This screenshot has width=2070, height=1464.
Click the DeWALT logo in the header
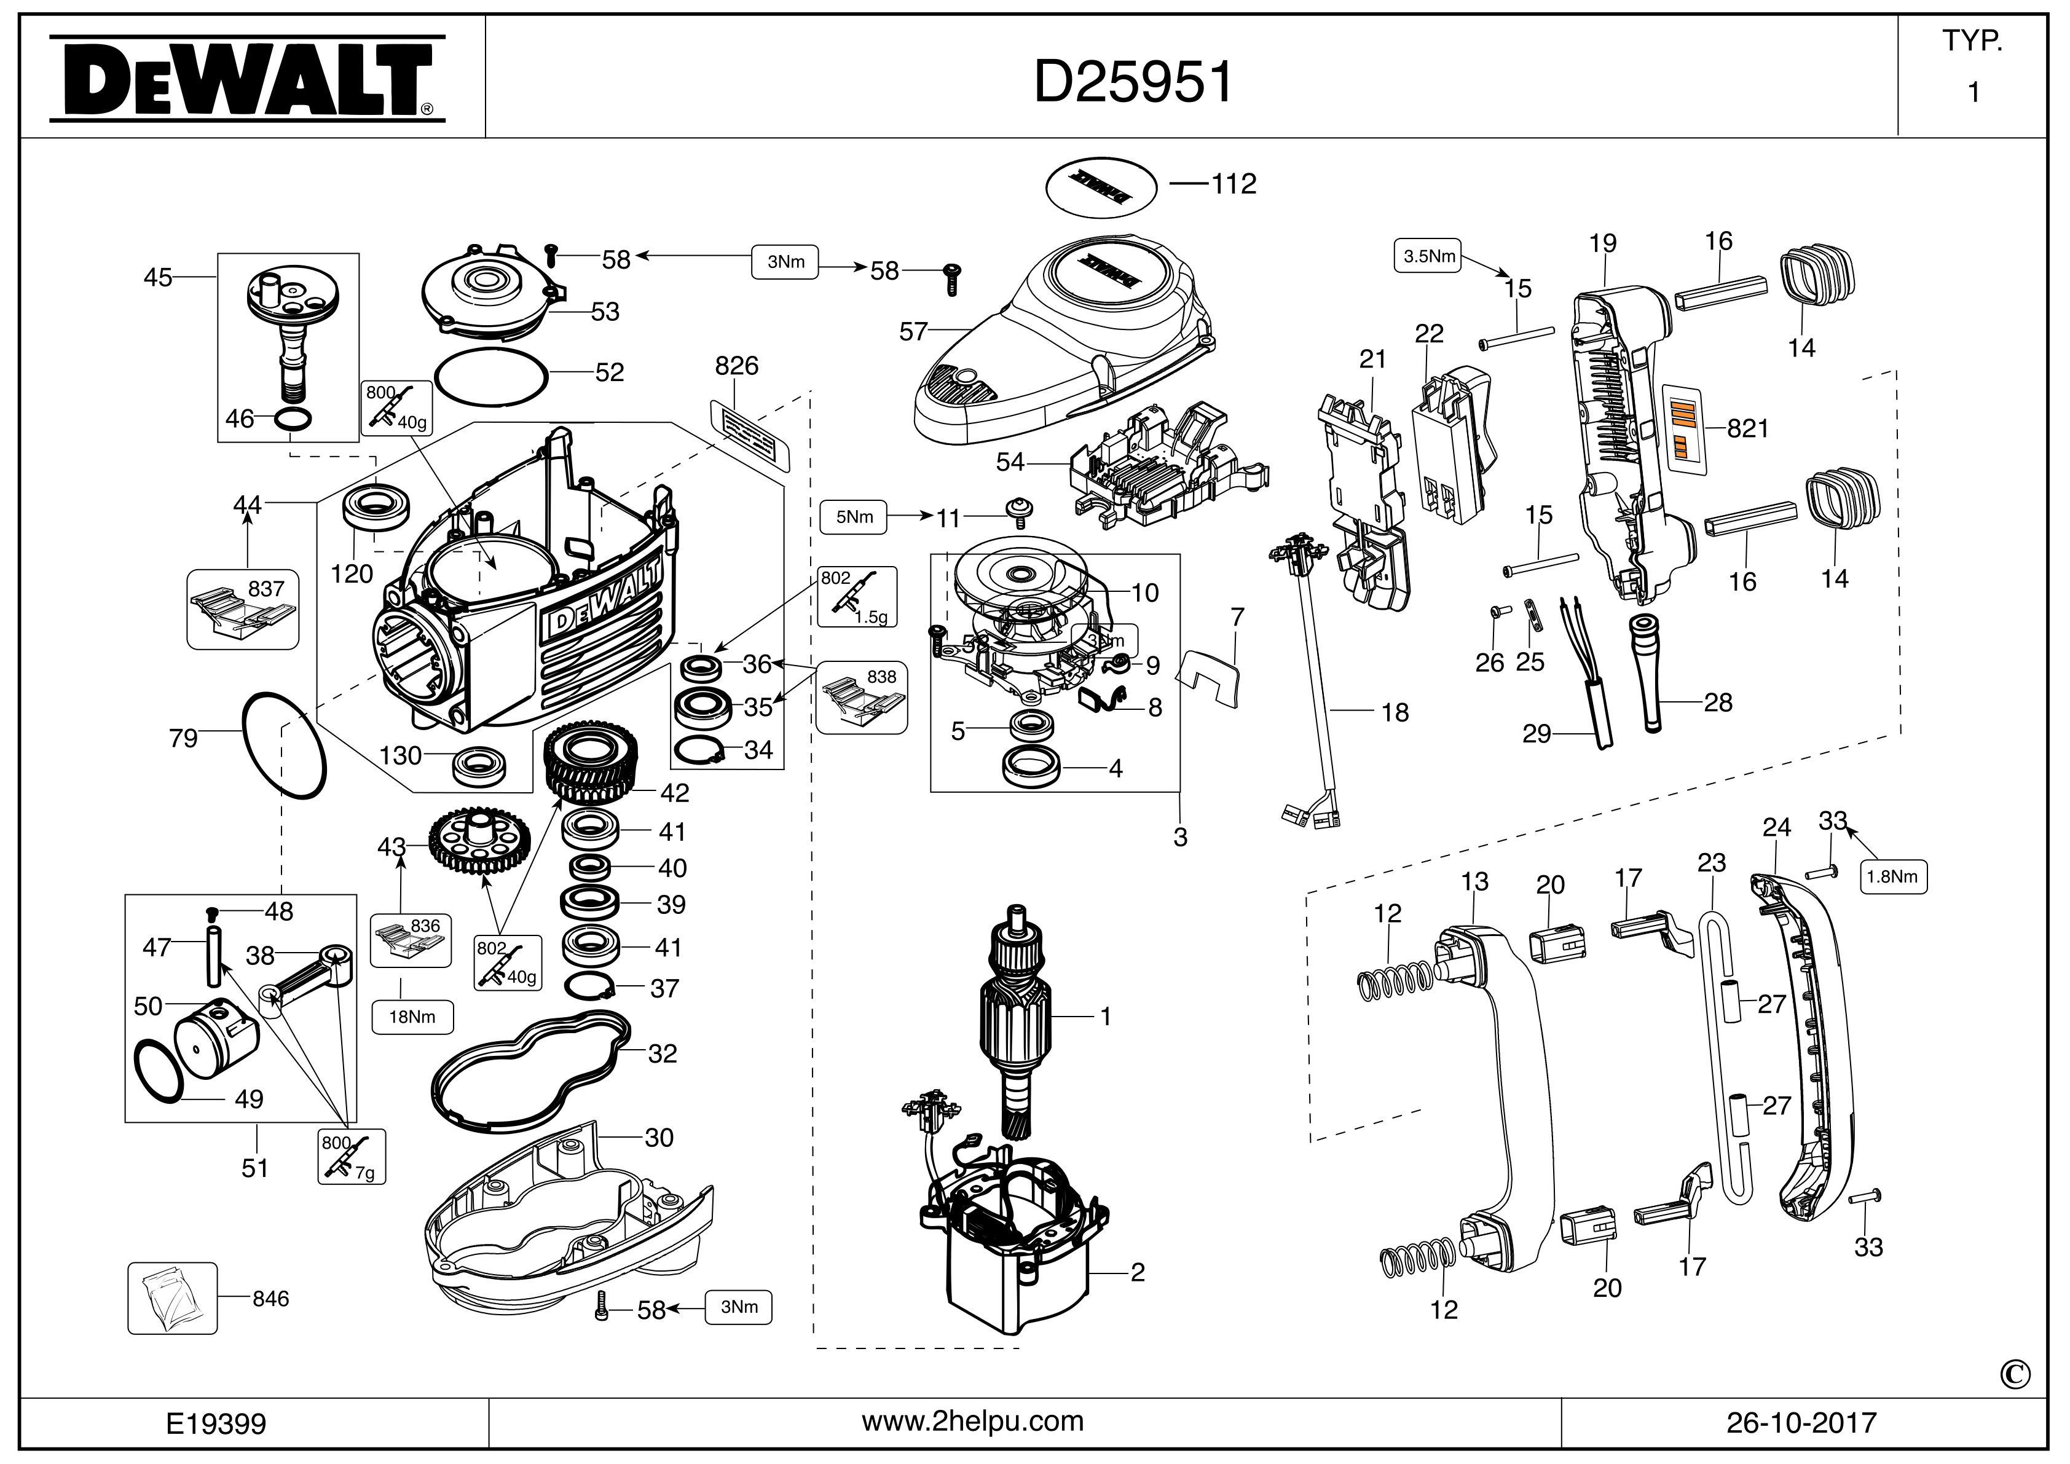coord(245,79)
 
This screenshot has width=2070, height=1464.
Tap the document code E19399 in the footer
coord(216,1423)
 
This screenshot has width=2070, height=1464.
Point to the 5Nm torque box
coord(854,518)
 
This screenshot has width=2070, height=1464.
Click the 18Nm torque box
coord(412,1017)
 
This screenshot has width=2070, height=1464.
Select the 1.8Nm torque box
coord(1893,876)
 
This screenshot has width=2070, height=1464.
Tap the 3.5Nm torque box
coord(1429,256)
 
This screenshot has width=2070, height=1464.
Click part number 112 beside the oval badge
coord(1234,184)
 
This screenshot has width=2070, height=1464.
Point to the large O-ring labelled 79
coord(284,745)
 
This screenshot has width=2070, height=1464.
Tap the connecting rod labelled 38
coord(307,983)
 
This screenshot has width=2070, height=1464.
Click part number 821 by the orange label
coord(1747,429)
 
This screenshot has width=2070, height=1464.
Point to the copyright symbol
coord(2015,1375)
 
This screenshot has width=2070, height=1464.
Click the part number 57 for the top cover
coord(913,332)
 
